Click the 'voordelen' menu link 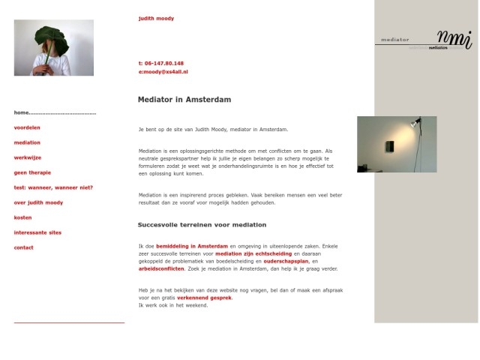click(27, 127)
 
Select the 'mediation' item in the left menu click(27, 142)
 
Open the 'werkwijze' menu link click(27, 157)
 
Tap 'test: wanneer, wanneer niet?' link click(53, 187)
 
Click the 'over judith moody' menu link click(38, 202)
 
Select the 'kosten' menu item click(22, 217)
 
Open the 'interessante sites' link click(37, 232)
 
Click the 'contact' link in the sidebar click(23, 247)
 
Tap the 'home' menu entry click(21, 112)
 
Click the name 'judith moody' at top click(156, 18)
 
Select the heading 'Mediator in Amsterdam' click(184, 99)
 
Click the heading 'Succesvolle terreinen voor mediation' click(202, 224)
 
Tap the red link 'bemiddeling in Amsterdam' click(191, 246)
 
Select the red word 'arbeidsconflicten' click(161, 268)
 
